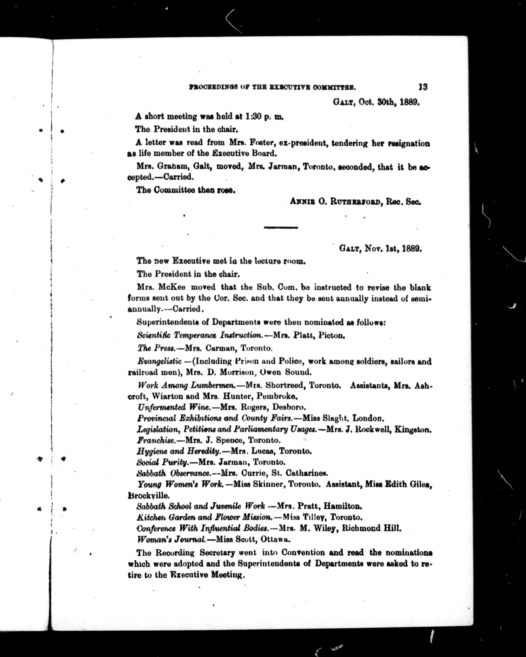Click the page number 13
(423, 87)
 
